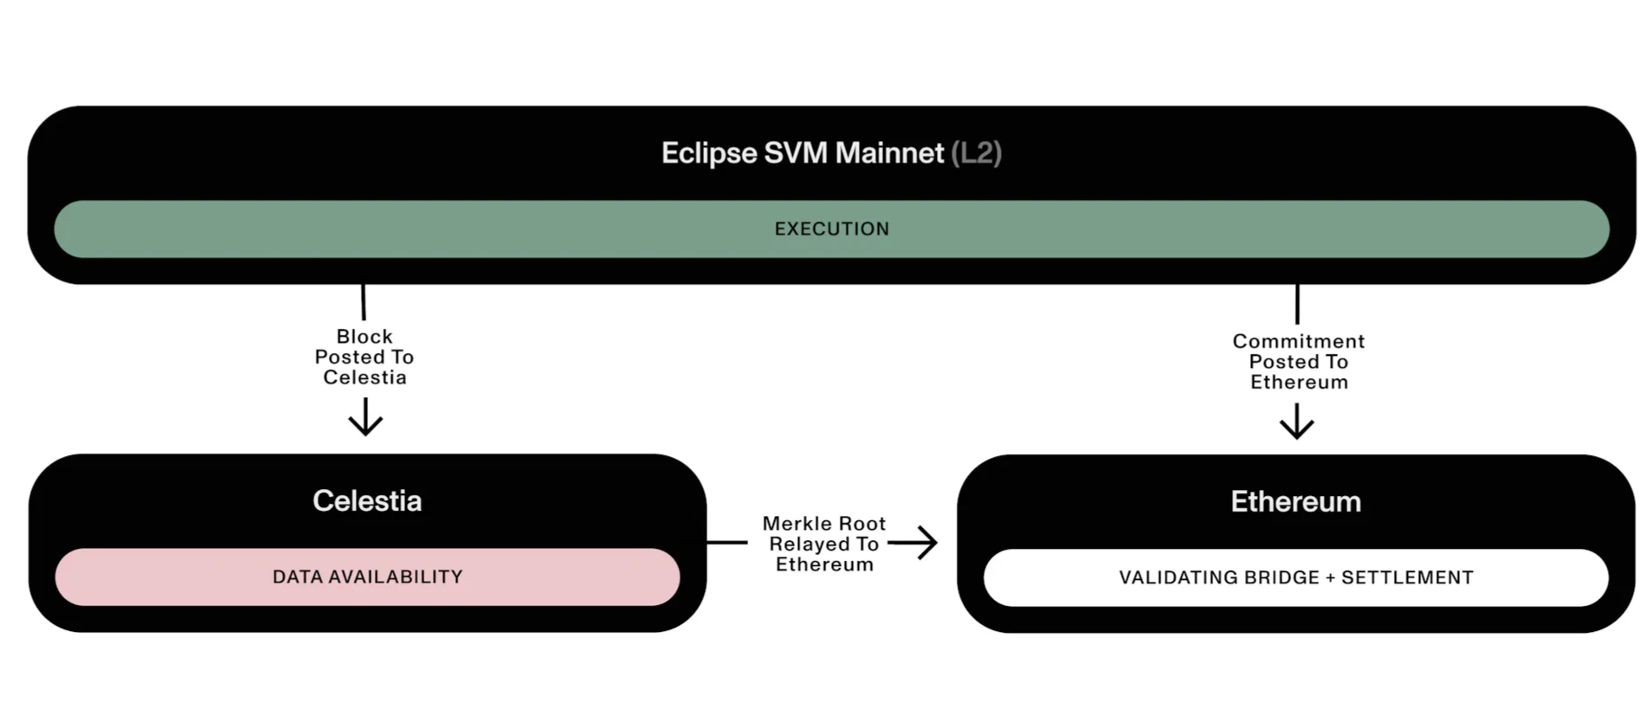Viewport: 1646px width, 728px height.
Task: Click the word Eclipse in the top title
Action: tap(709, 153)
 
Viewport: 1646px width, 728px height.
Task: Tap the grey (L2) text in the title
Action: tap(976, 153)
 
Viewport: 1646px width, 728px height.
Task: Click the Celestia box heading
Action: tap(367, 501)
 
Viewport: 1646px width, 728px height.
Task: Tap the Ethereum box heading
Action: tap(1295, 502)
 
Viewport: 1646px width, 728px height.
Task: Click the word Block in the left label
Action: tap(365, 337)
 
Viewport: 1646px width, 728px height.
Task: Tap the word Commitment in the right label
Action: tap(1298, 342)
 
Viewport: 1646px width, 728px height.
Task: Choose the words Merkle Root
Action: tap(823, 524)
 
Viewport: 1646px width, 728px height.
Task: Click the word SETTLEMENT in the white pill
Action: tap(1407, 578)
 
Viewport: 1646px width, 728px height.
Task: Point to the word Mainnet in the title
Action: tap(889, 153)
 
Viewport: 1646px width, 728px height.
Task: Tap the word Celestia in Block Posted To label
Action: tap(365, 377)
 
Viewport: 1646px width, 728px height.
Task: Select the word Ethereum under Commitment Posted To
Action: tap(1299, 383)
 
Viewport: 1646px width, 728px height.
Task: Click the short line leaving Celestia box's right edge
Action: tap(727, 543)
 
